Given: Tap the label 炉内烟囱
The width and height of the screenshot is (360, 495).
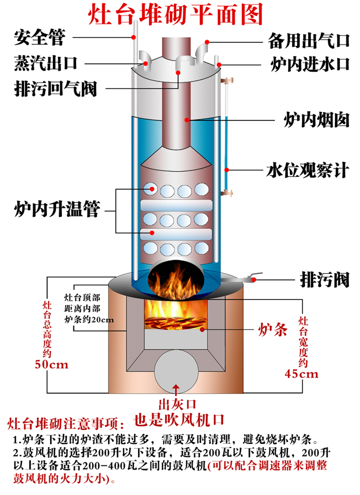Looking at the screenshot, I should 316,120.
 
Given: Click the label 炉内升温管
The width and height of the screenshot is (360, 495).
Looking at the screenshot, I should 56,208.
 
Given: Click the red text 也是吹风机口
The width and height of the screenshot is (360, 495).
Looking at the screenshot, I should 175,418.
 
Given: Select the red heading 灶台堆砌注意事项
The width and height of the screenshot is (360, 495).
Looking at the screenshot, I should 65,425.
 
